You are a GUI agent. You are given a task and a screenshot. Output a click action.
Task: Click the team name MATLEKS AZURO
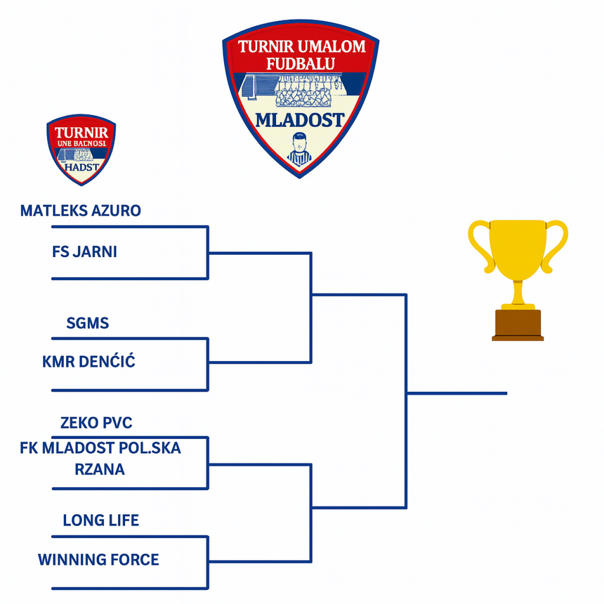point(80,210)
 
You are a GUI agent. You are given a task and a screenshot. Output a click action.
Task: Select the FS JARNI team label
point(84,252)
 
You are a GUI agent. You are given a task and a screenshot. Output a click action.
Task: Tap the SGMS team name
point(87,323)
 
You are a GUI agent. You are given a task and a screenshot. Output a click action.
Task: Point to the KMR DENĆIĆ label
point(89,362)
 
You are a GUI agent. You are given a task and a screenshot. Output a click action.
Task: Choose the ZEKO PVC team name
point(96,423)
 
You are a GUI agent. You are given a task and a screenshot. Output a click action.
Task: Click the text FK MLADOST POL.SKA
point(100,448)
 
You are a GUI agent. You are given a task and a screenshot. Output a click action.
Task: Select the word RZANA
point(100,470)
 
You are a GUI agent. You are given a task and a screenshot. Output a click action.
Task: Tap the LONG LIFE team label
point(101,520)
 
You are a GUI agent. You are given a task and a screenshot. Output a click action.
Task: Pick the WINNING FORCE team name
point(98,560)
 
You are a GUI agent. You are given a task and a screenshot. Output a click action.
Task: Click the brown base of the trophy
point(518,325)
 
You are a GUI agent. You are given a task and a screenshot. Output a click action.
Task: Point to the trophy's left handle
point(480,245)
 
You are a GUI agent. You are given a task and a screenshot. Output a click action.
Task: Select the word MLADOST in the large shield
point(300,120)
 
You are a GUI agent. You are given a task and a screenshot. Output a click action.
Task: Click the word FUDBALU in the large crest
point(301,64)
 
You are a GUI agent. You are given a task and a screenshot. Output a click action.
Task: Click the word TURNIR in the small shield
point(81,133)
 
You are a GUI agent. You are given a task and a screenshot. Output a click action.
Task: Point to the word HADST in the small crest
point(82,167)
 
